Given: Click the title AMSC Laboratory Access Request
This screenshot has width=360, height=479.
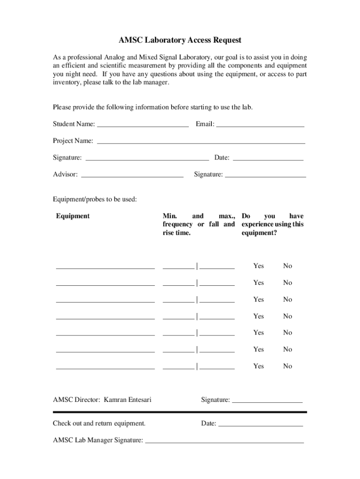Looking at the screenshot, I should pos(180,40).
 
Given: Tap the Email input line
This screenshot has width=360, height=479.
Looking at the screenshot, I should pos(260,125).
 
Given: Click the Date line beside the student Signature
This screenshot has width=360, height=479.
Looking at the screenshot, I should pos(268,159).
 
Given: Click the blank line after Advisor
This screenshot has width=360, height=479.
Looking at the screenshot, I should pos(132,175).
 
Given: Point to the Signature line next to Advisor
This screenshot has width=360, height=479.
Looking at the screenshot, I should pos(266,175).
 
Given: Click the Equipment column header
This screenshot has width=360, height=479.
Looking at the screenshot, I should pos(73,216).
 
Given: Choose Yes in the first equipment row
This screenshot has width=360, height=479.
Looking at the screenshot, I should pos(259,266).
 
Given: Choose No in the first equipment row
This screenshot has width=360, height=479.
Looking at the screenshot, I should pos(287,266).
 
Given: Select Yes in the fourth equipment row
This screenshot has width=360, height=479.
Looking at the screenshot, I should pos(259,317).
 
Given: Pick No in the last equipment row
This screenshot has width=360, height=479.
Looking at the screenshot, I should pos(287,367).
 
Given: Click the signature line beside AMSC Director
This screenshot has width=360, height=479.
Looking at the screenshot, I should pos(267,401).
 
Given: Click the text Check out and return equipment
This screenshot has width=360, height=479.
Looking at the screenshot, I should pos(99,424).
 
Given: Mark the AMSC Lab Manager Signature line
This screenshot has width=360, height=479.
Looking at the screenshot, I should pos(224,441).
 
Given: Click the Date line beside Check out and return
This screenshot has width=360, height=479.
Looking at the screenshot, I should pos(261,425).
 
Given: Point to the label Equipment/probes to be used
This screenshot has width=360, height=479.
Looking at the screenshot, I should pos(95,199).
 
